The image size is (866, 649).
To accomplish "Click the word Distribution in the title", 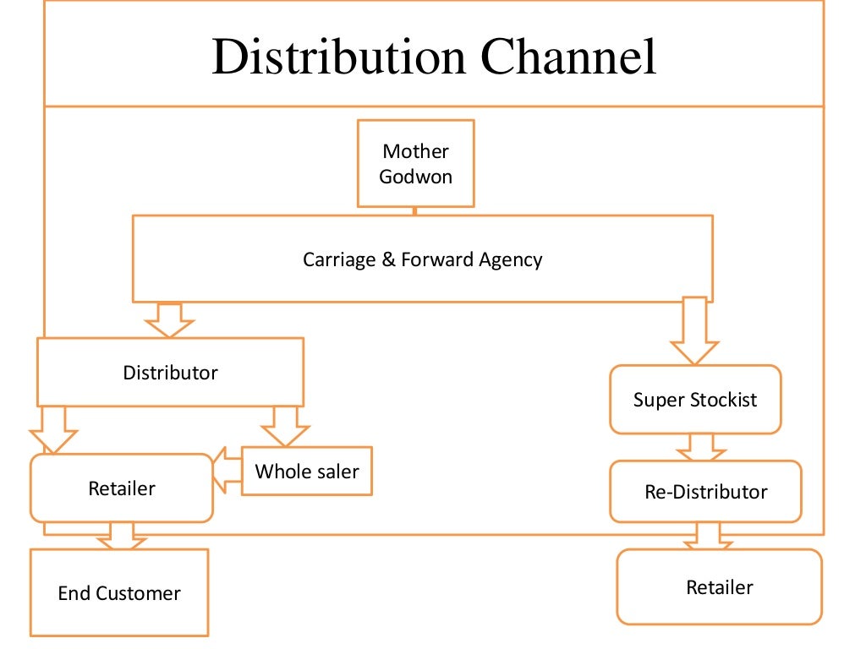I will tap(339, 57).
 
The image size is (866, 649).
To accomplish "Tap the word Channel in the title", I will tap(568, 57).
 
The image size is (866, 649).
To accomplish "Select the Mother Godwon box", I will tap(415, 163).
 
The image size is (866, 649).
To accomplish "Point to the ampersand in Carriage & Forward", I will tap(388, 259).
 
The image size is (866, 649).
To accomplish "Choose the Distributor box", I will tap(170, 373).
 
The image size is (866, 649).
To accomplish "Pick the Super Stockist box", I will tap(695, 400).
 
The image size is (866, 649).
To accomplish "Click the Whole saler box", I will tap(306, 471).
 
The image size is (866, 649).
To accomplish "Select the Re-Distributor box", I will tap(705, 491).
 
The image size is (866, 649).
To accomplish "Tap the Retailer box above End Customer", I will tap(122, 488).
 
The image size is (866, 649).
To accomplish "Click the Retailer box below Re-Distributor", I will tap(719, 586).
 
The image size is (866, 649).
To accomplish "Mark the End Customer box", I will tap(119, 593).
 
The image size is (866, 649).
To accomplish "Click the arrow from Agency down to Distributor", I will tap(169, 319).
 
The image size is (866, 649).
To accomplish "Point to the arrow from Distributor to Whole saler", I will tap(285, 426).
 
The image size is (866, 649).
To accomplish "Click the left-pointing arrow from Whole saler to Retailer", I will tap(226, 471).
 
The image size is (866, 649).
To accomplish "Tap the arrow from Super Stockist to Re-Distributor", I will tap(701, 447).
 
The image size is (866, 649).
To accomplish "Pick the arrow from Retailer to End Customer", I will tap(122, 536).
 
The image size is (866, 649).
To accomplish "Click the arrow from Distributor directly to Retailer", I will tap(53, 429).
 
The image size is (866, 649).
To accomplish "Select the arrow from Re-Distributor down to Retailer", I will tap(709, 536).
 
